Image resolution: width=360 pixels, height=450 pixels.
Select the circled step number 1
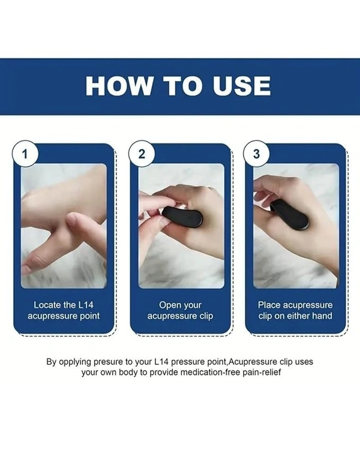click(25, 154)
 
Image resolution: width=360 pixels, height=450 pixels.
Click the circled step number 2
click(142, 154)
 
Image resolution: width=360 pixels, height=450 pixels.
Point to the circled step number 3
click(256, 154)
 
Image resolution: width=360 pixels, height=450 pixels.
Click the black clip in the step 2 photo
click(182, 217)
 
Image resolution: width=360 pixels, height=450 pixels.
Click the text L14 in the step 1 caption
click(86, 305)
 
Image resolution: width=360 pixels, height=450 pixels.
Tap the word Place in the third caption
click(268, 305)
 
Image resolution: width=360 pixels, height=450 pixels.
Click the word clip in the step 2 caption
click(206, 316)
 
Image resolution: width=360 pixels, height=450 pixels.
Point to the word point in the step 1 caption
click(89, 316)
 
